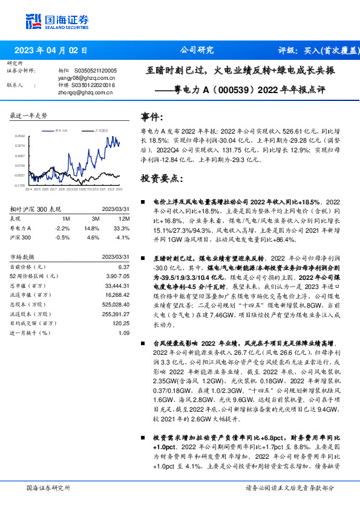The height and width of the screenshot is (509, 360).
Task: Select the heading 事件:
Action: pyautogui.click(x=152, y=117)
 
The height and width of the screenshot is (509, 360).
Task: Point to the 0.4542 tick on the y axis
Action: pyautogui.click(x=20, y=137)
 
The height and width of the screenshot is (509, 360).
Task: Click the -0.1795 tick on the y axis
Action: pyautogui.click(x=20, y=186)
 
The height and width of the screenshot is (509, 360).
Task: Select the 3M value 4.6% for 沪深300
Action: pyautogui.click(x=93, y=238)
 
